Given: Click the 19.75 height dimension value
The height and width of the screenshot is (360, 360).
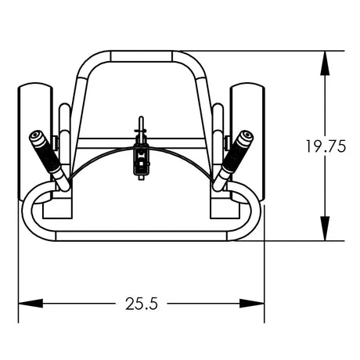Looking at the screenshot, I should [x=326, y=146].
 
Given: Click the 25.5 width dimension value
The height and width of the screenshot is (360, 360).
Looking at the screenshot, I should [x=142, y=303].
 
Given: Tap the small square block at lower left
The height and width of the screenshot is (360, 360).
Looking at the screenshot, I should [x=56, y=208].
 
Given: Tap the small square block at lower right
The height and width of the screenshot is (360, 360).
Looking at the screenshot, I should [x=225, y=208].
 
